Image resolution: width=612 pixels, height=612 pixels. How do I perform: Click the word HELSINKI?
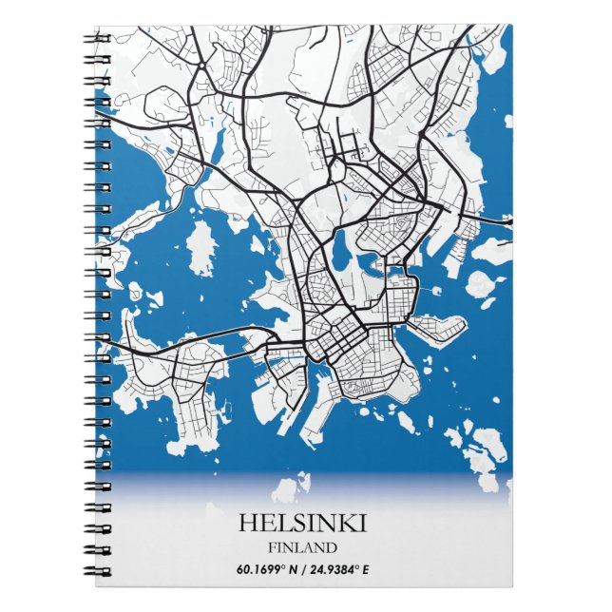(x=302, y=524)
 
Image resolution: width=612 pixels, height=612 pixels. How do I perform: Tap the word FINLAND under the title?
(x=302, y=547)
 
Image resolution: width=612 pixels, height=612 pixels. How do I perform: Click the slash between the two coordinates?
(x=296, y=570)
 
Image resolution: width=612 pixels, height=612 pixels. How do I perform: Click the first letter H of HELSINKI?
(x=246, y=524)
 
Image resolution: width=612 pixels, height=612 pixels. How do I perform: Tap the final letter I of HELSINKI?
(x=362, y=524)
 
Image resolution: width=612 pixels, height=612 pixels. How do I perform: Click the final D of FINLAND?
(x=331, y=547)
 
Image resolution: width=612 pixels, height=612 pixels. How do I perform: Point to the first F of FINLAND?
(x=273, y=547)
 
